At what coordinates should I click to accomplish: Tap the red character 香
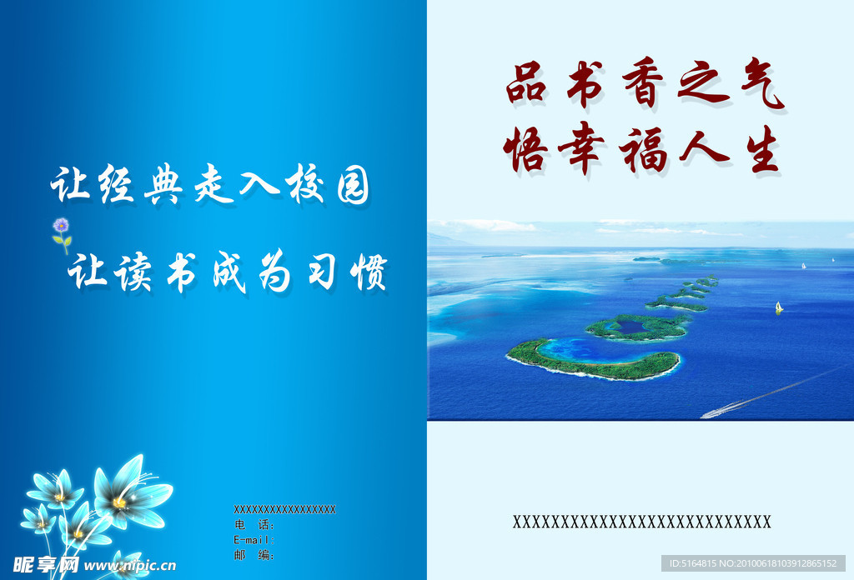coord(642,86)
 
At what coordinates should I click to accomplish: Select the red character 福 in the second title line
coord(643,150)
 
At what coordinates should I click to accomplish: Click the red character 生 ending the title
coord(756,150)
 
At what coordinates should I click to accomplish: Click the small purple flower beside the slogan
coord(61,227)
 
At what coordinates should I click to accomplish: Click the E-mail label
coord(254,540)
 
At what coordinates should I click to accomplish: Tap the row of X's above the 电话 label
coord(284,510)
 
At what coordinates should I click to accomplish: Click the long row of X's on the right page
coord(641,522)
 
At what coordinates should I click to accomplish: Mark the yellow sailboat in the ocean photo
coord(779,307)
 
